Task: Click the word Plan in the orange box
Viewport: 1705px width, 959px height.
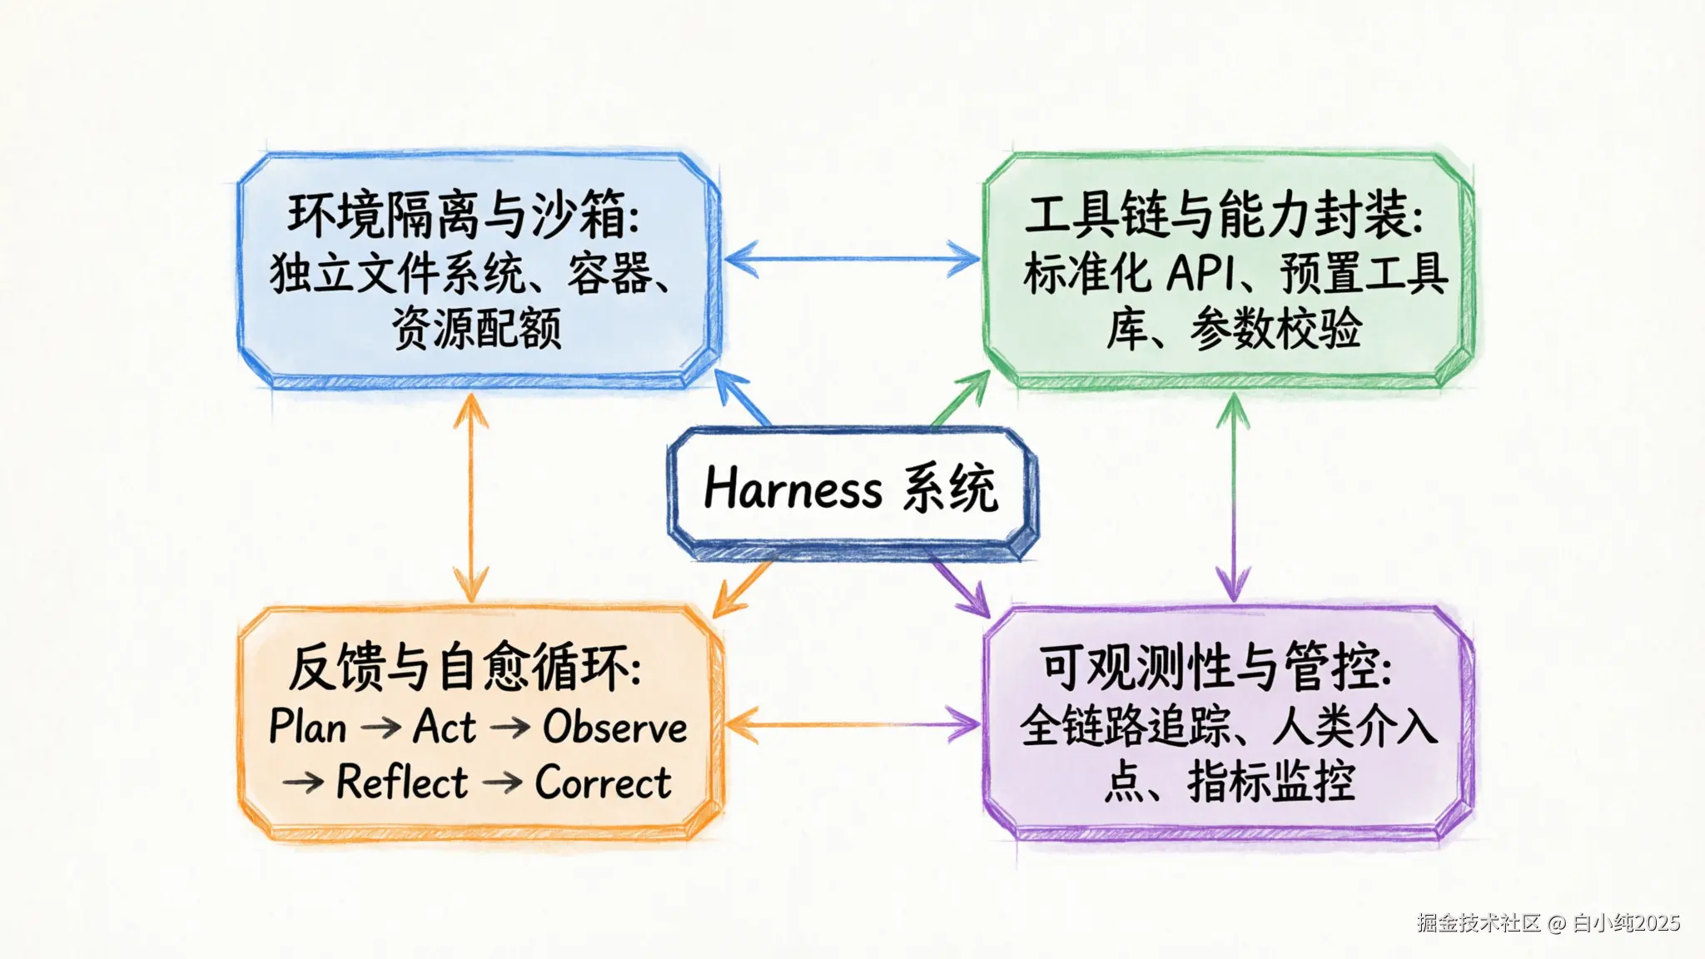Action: [308, 727]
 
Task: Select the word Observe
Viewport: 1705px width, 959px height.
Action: [615, 727]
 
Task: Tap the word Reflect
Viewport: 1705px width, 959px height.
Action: [402, 783]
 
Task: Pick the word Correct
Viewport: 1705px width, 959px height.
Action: [603, 783]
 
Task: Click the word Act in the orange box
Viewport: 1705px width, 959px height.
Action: [445, 727]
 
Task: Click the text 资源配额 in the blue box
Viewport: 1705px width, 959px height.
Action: [477, 328]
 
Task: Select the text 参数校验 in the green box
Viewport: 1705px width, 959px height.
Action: [1275, 328]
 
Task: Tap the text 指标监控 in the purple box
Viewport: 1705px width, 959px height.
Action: [1271, 783]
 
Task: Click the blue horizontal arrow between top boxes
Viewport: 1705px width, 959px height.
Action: [852, 259]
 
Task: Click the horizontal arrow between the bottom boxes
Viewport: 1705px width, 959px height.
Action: [852, 725]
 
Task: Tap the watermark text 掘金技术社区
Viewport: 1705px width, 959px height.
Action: [1479, 923]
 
